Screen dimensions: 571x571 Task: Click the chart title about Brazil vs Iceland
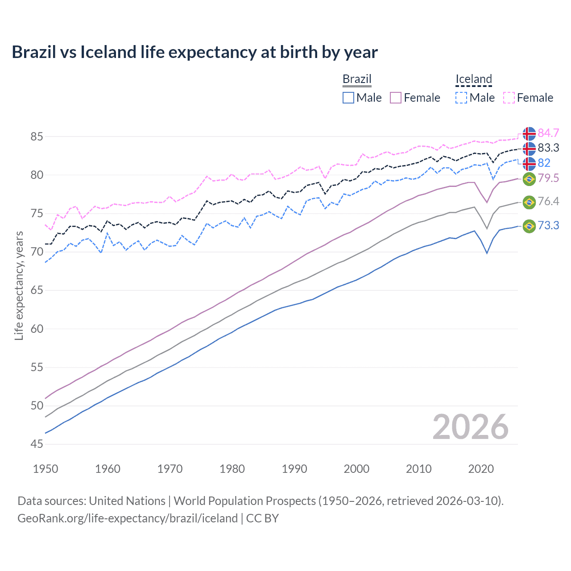click(x=194, y=52)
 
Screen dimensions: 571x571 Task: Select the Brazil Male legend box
click(x=348, y=98)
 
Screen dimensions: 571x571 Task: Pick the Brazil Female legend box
click(x=396, y=98)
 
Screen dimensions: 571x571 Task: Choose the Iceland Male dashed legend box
click(x=461, y=98)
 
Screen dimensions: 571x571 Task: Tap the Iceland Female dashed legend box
click(x=509, y=98)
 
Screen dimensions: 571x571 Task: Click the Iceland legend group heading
click(x=473, y=79)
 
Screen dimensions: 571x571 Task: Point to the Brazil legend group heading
click(x=357, y=79)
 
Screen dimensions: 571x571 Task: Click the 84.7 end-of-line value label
click(x=548, y=133)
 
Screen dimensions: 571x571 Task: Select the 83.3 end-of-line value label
click(x=548, y=148)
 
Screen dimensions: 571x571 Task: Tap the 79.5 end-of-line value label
click(x=548, y=178)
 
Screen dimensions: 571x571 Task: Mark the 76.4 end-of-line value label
click(x=548, y=202)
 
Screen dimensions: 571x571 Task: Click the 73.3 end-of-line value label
click(x=548, y=226)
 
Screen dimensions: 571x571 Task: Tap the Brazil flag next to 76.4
click(x=529, y=202)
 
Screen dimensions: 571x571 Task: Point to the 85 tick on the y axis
click(x=37, y=137)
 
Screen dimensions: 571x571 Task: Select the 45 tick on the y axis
click(x=37, y=444)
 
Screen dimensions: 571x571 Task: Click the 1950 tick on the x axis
click(x=46, y=469)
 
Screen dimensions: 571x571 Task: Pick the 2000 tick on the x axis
click(x=356, y=469)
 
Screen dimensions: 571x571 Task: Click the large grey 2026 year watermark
click(x=470, y=427)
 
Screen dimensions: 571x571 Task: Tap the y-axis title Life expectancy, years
click(x=19, y=285)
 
